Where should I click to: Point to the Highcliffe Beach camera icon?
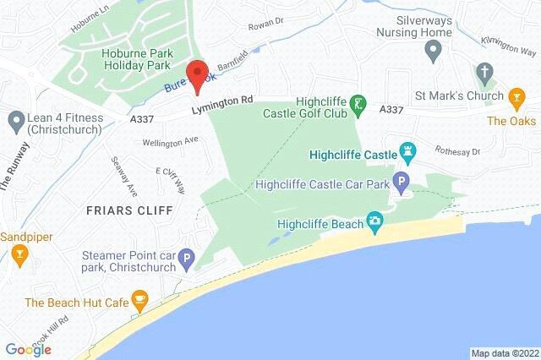click(x=374, y=223)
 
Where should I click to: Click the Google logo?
click(x=28, y=349)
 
